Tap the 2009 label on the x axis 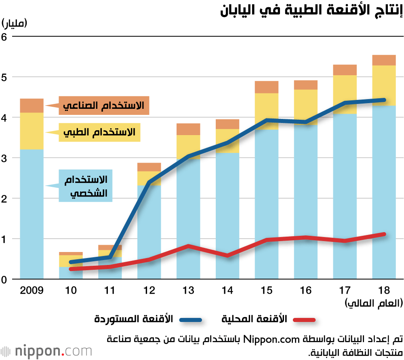click(31, 290)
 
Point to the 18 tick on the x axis click(384, 290)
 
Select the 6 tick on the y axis click(5, 36)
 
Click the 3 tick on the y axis click(5, 158)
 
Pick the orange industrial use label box click(104, 106)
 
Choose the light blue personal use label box click(85, 186)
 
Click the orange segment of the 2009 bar click(32, 106)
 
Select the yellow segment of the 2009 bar click(32, 131)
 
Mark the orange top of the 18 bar click(384, 60)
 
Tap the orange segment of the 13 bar click(188, 129)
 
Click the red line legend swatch click(304, 320)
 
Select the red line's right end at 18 click(384, 234)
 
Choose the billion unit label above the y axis click(15, 23)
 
